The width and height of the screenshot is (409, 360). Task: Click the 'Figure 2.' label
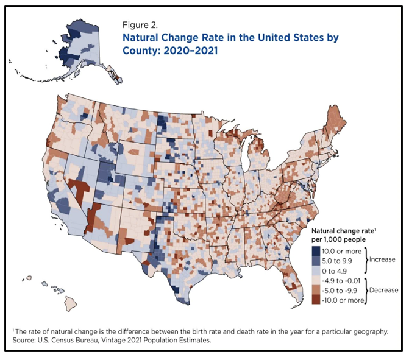click(141, 26)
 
